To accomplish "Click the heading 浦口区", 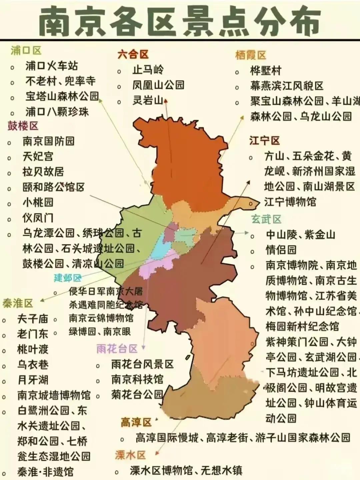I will pos(26,51).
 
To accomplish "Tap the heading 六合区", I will pos(133,54).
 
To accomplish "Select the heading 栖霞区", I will pos(251,55).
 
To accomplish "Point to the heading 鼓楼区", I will pos(23,126).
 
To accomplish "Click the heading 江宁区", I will pos(264,141).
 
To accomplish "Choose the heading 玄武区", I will pos(266,219).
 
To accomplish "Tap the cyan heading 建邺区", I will pos(68,278).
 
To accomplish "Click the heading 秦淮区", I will pos(18,303).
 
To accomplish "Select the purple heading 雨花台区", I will pos(117,349).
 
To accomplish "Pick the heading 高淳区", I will pos(136,422).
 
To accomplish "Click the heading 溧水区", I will pos(130,455).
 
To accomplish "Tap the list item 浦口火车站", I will pos(52,66).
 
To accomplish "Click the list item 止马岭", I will pos(148,70).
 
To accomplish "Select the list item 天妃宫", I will pos(38,156).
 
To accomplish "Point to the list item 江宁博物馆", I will pos(290,202).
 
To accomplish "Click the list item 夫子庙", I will pos(33,319).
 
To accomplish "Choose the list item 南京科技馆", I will pos(137,379).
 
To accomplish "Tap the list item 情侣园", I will pos(281,250).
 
